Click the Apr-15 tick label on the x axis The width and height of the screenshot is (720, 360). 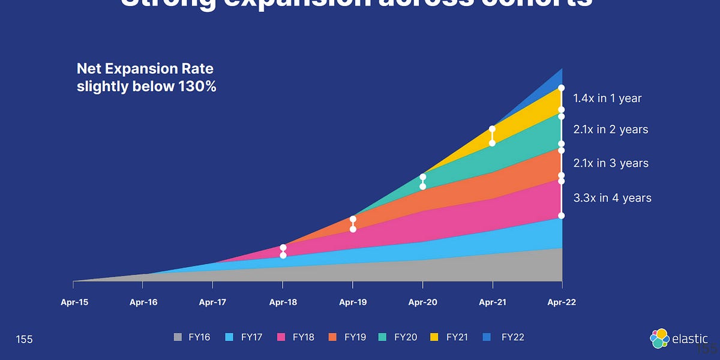point(74,302)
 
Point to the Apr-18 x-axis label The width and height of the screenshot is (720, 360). point(283,302)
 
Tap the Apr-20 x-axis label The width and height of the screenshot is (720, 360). point(423,302)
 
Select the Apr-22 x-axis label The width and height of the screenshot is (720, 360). point(562,302)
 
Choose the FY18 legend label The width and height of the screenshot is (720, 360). point(304,337)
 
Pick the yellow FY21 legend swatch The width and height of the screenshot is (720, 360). point(434,337)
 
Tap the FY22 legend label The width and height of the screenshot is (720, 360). point(513,337)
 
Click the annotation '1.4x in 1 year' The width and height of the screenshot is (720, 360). point(607,98)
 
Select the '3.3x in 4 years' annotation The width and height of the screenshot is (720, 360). point(612,198)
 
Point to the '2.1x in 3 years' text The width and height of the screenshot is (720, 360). point(611,163)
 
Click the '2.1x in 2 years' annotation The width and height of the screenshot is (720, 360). point(611,130)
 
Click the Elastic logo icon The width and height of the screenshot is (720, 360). point(659,338)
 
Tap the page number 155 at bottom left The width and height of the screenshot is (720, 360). point(25,340)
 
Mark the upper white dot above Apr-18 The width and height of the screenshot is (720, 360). point(283,247)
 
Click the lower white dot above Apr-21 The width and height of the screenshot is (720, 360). point(492,143)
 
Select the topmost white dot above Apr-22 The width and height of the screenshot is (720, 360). point(562,88)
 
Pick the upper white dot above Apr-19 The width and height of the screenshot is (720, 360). point(353,220)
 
